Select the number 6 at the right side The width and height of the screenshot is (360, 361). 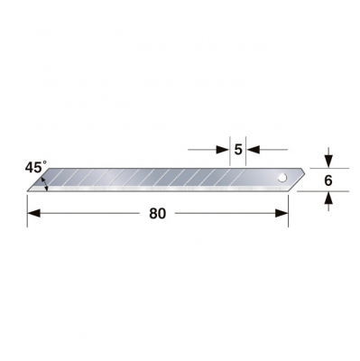tap(329, 180)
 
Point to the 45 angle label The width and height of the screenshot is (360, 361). tap(32, 167)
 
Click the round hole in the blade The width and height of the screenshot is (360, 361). tap(282, 177)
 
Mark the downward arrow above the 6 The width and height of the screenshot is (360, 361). tap(329, 160)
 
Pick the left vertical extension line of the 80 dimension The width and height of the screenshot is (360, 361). tap(28, 206)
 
